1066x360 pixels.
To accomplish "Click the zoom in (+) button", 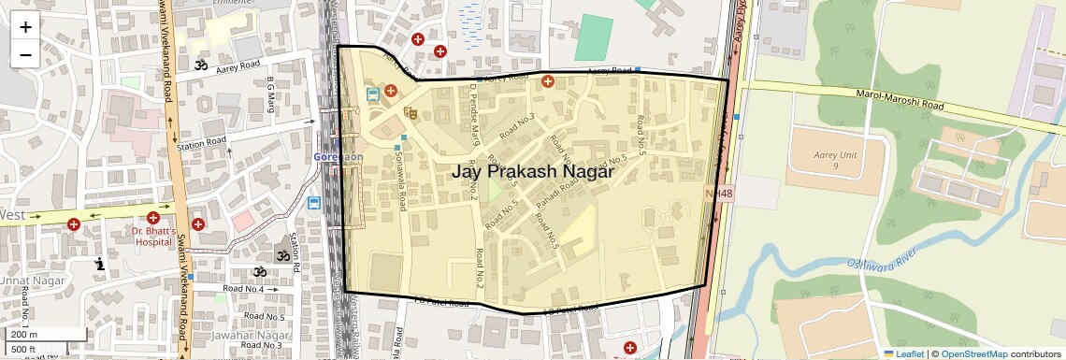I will coord(25,26).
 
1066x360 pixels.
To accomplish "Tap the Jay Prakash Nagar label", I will coord(532,172).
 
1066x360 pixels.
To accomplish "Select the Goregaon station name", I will coord(338,157).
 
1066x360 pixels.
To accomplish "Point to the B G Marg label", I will coord(270,93).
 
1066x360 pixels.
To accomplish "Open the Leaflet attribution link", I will coord(903,353).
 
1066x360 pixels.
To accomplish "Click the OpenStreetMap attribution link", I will coord(973,353).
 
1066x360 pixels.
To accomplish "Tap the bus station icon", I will coord(373,94).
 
